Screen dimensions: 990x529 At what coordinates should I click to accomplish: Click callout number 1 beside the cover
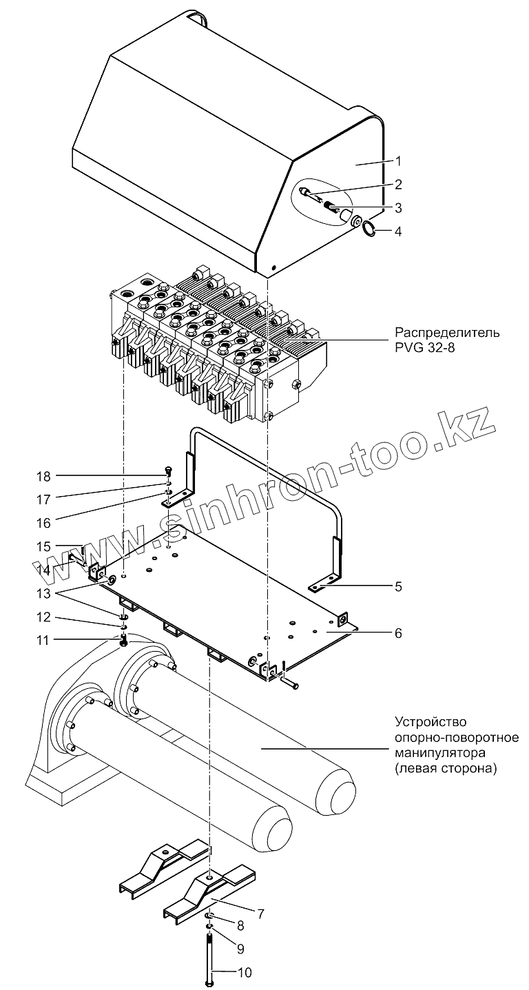[398, 161]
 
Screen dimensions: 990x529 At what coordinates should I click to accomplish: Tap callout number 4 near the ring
[398, 231]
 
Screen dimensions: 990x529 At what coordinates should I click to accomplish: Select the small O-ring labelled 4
[369, 228]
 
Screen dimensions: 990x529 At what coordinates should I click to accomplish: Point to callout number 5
[398, 587]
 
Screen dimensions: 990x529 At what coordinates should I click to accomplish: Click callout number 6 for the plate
[398, 632]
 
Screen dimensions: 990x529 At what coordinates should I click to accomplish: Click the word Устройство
[432, 723]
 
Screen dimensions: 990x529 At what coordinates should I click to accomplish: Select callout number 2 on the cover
[398, 185]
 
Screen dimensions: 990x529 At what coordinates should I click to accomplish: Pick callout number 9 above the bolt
[241, 949]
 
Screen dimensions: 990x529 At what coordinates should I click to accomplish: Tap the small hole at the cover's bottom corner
[273, 267]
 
